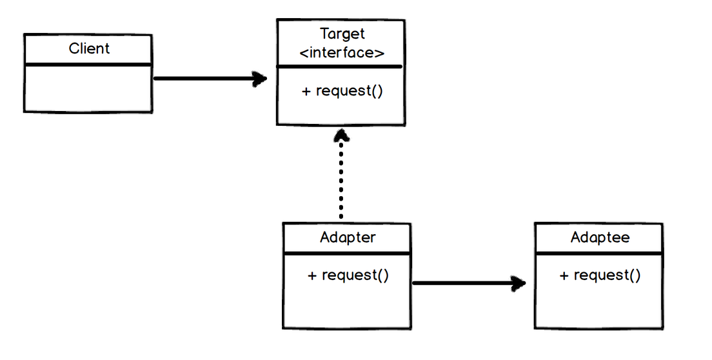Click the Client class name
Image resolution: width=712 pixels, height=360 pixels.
[x=89, y=48]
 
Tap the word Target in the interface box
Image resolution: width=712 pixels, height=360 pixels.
[x=342, y=34]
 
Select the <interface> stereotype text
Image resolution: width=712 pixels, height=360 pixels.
[x=342, y=53]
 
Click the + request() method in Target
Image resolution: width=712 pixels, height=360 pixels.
[x=342, y=91]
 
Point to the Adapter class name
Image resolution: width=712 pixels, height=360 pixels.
[x=348, y=237]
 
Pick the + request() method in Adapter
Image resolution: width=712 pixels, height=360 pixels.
[x=348, y=275]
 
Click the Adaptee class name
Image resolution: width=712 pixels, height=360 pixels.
[x=600, y=237]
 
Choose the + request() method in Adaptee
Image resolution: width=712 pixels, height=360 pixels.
[x=600, y=275]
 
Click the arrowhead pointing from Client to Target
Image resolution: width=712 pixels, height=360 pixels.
[x=261, y=79]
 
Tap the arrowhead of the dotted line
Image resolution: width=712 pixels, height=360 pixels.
[x=341, y=135]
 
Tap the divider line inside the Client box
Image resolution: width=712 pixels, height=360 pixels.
[x=88, y=65]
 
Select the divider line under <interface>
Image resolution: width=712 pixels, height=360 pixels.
[x=340, y=66]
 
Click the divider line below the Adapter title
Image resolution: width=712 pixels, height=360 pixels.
[x=347, y=253]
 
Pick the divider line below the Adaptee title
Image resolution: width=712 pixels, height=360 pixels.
[x=598, y=253]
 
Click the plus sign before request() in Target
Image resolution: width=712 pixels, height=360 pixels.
[x=306, y=91]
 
